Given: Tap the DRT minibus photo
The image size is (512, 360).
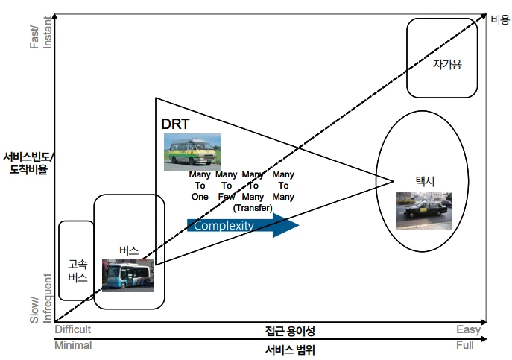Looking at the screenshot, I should [x=192, y=151].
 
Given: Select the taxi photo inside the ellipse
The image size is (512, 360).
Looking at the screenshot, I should [x=423, y=211].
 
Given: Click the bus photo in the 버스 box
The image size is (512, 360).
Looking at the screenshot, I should [x=127, y=274].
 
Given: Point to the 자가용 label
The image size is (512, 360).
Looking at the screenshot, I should [x=447, y=64].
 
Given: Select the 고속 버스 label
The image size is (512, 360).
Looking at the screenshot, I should [x=78, y=271].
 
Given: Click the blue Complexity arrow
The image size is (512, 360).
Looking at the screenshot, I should [x=242, y=225].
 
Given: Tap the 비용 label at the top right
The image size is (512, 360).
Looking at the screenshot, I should [x=499, y=20].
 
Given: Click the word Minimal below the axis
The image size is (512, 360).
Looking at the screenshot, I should [x=73, y=345].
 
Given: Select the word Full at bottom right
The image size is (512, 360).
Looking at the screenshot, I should [x=464, y=346].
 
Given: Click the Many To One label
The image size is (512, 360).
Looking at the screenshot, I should [x=200, y=186].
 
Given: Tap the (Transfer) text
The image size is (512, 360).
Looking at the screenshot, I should [x=253, y=207].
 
